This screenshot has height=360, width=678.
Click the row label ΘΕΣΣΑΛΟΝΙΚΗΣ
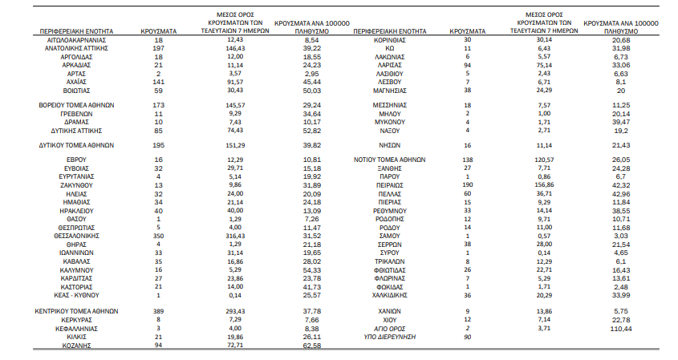click(76, 236)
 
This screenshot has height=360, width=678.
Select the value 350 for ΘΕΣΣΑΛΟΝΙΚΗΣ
click(159, 236)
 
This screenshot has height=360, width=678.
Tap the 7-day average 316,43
click(235, 236)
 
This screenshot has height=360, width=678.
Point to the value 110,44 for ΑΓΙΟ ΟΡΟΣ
click(621, 329)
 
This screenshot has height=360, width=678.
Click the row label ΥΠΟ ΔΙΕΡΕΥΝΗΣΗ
click(390, 337)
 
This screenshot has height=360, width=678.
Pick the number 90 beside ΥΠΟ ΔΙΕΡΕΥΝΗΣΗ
click(468, 337)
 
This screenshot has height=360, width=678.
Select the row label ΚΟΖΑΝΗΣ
click(76, 346)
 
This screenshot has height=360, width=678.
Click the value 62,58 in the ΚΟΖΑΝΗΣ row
click(312, 346)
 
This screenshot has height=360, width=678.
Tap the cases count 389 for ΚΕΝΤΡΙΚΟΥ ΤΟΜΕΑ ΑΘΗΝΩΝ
click(159, 311)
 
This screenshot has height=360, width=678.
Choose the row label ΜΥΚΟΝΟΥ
click(390, 123)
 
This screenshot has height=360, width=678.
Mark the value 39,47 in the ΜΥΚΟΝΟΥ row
click(621, 123)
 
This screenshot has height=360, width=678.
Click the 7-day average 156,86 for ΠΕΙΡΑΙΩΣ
click(544, 185)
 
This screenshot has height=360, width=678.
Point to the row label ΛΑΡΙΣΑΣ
click(390, 65)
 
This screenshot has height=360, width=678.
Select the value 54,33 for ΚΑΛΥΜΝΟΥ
click(312, 270)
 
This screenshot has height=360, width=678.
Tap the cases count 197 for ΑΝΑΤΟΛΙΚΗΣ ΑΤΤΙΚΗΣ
click(159, 48)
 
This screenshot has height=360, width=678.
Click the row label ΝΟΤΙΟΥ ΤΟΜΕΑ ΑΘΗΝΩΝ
click(390, 160)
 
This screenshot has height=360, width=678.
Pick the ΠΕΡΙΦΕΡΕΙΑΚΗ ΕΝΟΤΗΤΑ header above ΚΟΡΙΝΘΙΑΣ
click(390, 31)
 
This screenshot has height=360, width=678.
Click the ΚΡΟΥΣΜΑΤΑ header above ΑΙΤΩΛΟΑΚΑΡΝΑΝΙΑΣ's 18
click(159, 31)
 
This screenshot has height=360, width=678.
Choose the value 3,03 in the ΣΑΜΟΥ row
click(621, 236)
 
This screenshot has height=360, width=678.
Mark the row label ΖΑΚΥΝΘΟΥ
click(76, 185)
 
